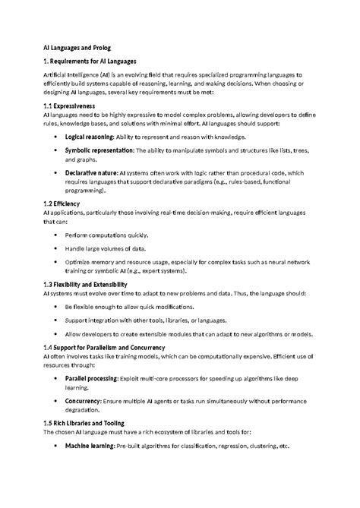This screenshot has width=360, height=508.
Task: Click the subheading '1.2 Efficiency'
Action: (x=62, y=204)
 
